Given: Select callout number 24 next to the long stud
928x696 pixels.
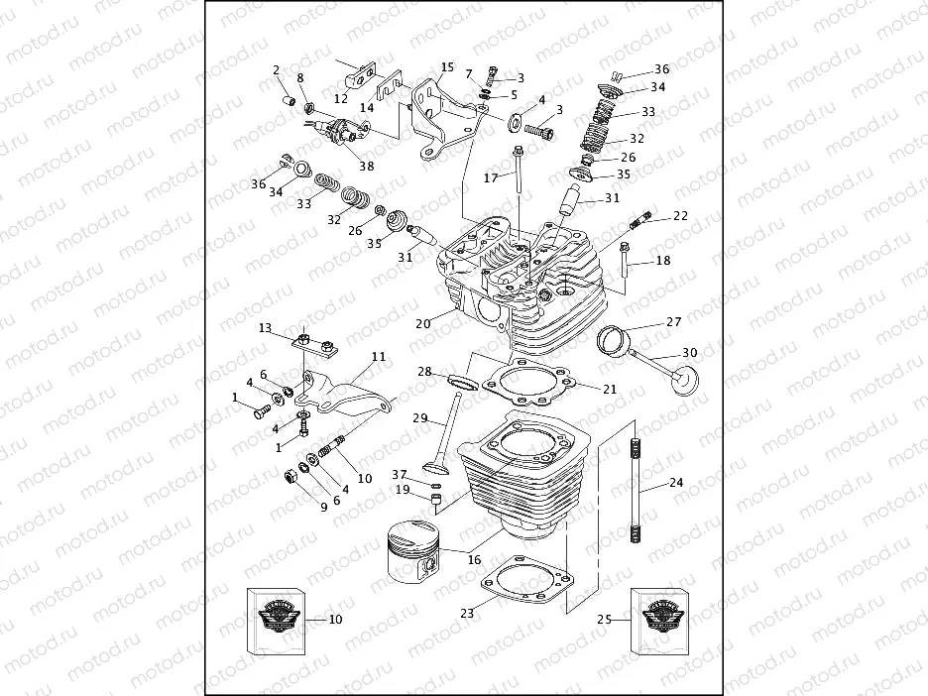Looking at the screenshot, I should click(676, 484).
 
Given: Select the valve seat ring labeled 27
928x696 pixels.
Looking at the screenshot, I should click(615, 340).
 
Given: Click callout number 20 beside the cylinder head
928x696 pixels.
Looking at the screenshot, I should click(423, 324).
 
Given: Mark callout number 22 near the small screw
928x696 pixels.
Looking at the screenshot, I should click(680, 215).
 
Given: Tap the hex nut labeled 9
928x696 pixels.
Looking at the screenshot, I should click(292, 478).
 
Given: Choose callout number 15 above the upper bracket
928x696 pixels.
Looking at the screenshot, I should click(447, 67).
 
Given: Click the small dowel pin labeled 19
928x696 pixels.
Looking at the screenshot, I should click(433, 498).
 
